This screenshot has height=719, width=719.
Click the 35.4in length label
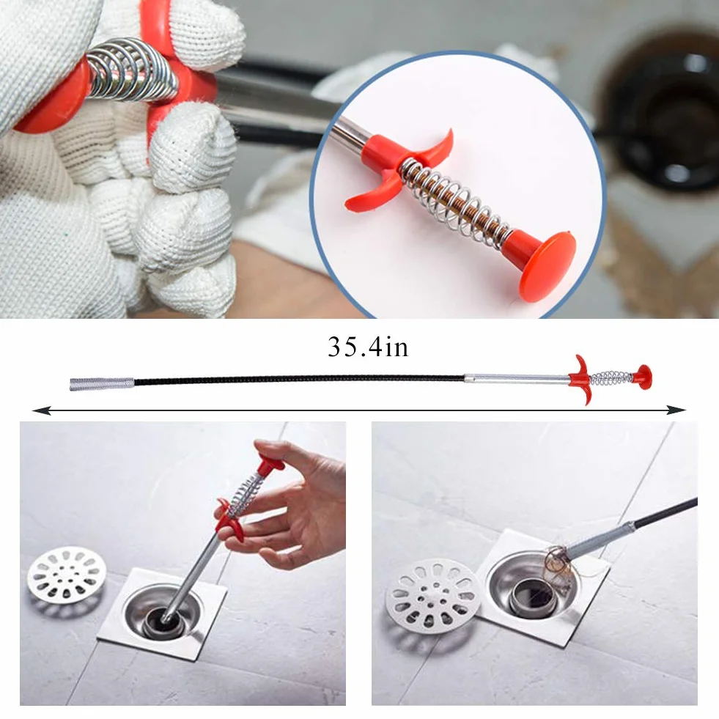(368, 347)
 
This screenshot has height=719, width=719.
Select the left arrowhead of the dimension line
(42, 410)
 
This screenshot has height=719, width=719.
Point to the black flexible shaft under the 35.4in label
(299, 380)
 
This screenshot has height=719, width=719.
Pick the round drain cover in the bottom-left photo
(67, 574)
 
